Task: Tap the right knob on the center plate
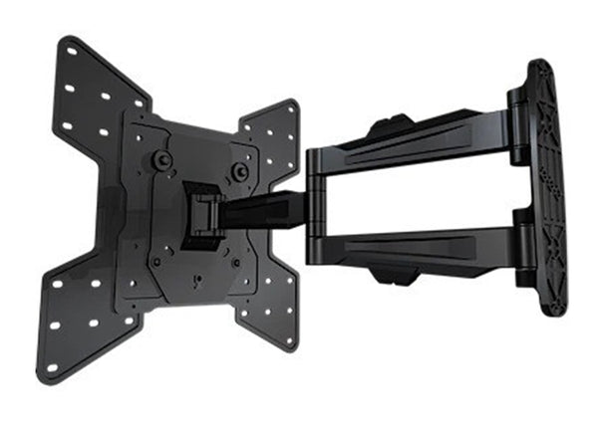click(239, 171)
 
